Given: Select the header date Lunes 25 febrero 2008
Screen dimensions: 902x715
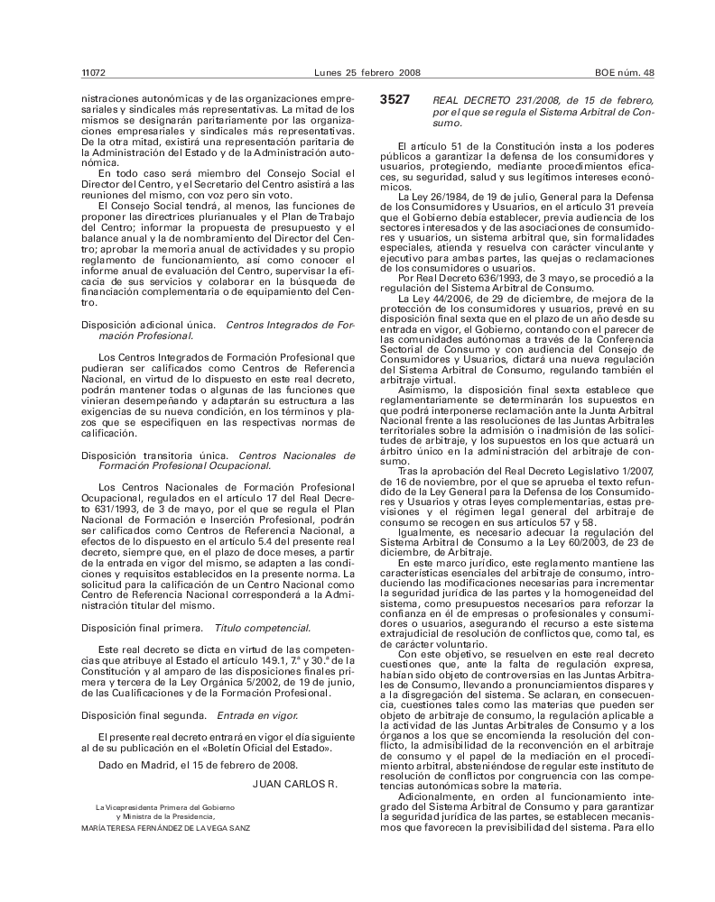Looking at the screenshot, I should click(x=357, y=72).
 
